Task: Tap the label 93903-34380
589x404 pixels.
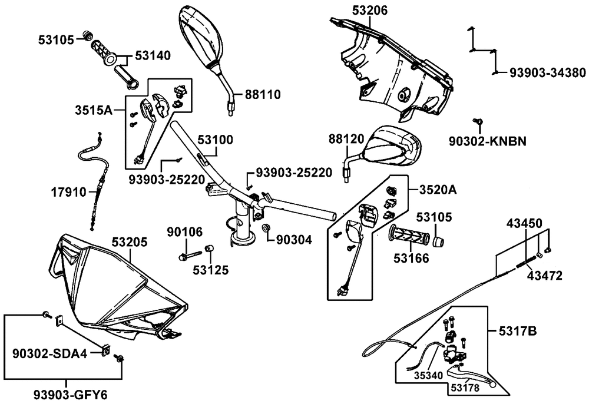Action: point(547,72)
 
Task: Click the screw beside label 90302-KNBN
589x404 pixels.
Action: point(478,122)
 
